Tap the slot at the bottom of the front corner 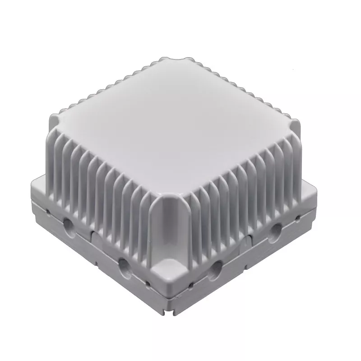point(171,310)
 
